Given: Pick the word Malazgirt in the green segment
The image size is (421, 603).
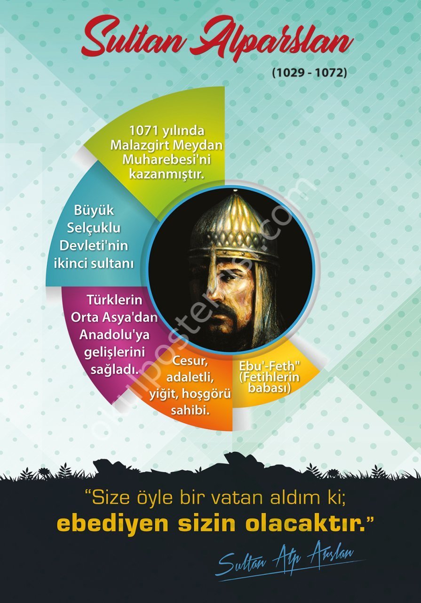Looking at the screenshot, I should click(138, 145).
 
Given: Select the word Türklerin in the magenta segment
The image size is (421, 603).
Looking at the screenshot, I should click(114, 300).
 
